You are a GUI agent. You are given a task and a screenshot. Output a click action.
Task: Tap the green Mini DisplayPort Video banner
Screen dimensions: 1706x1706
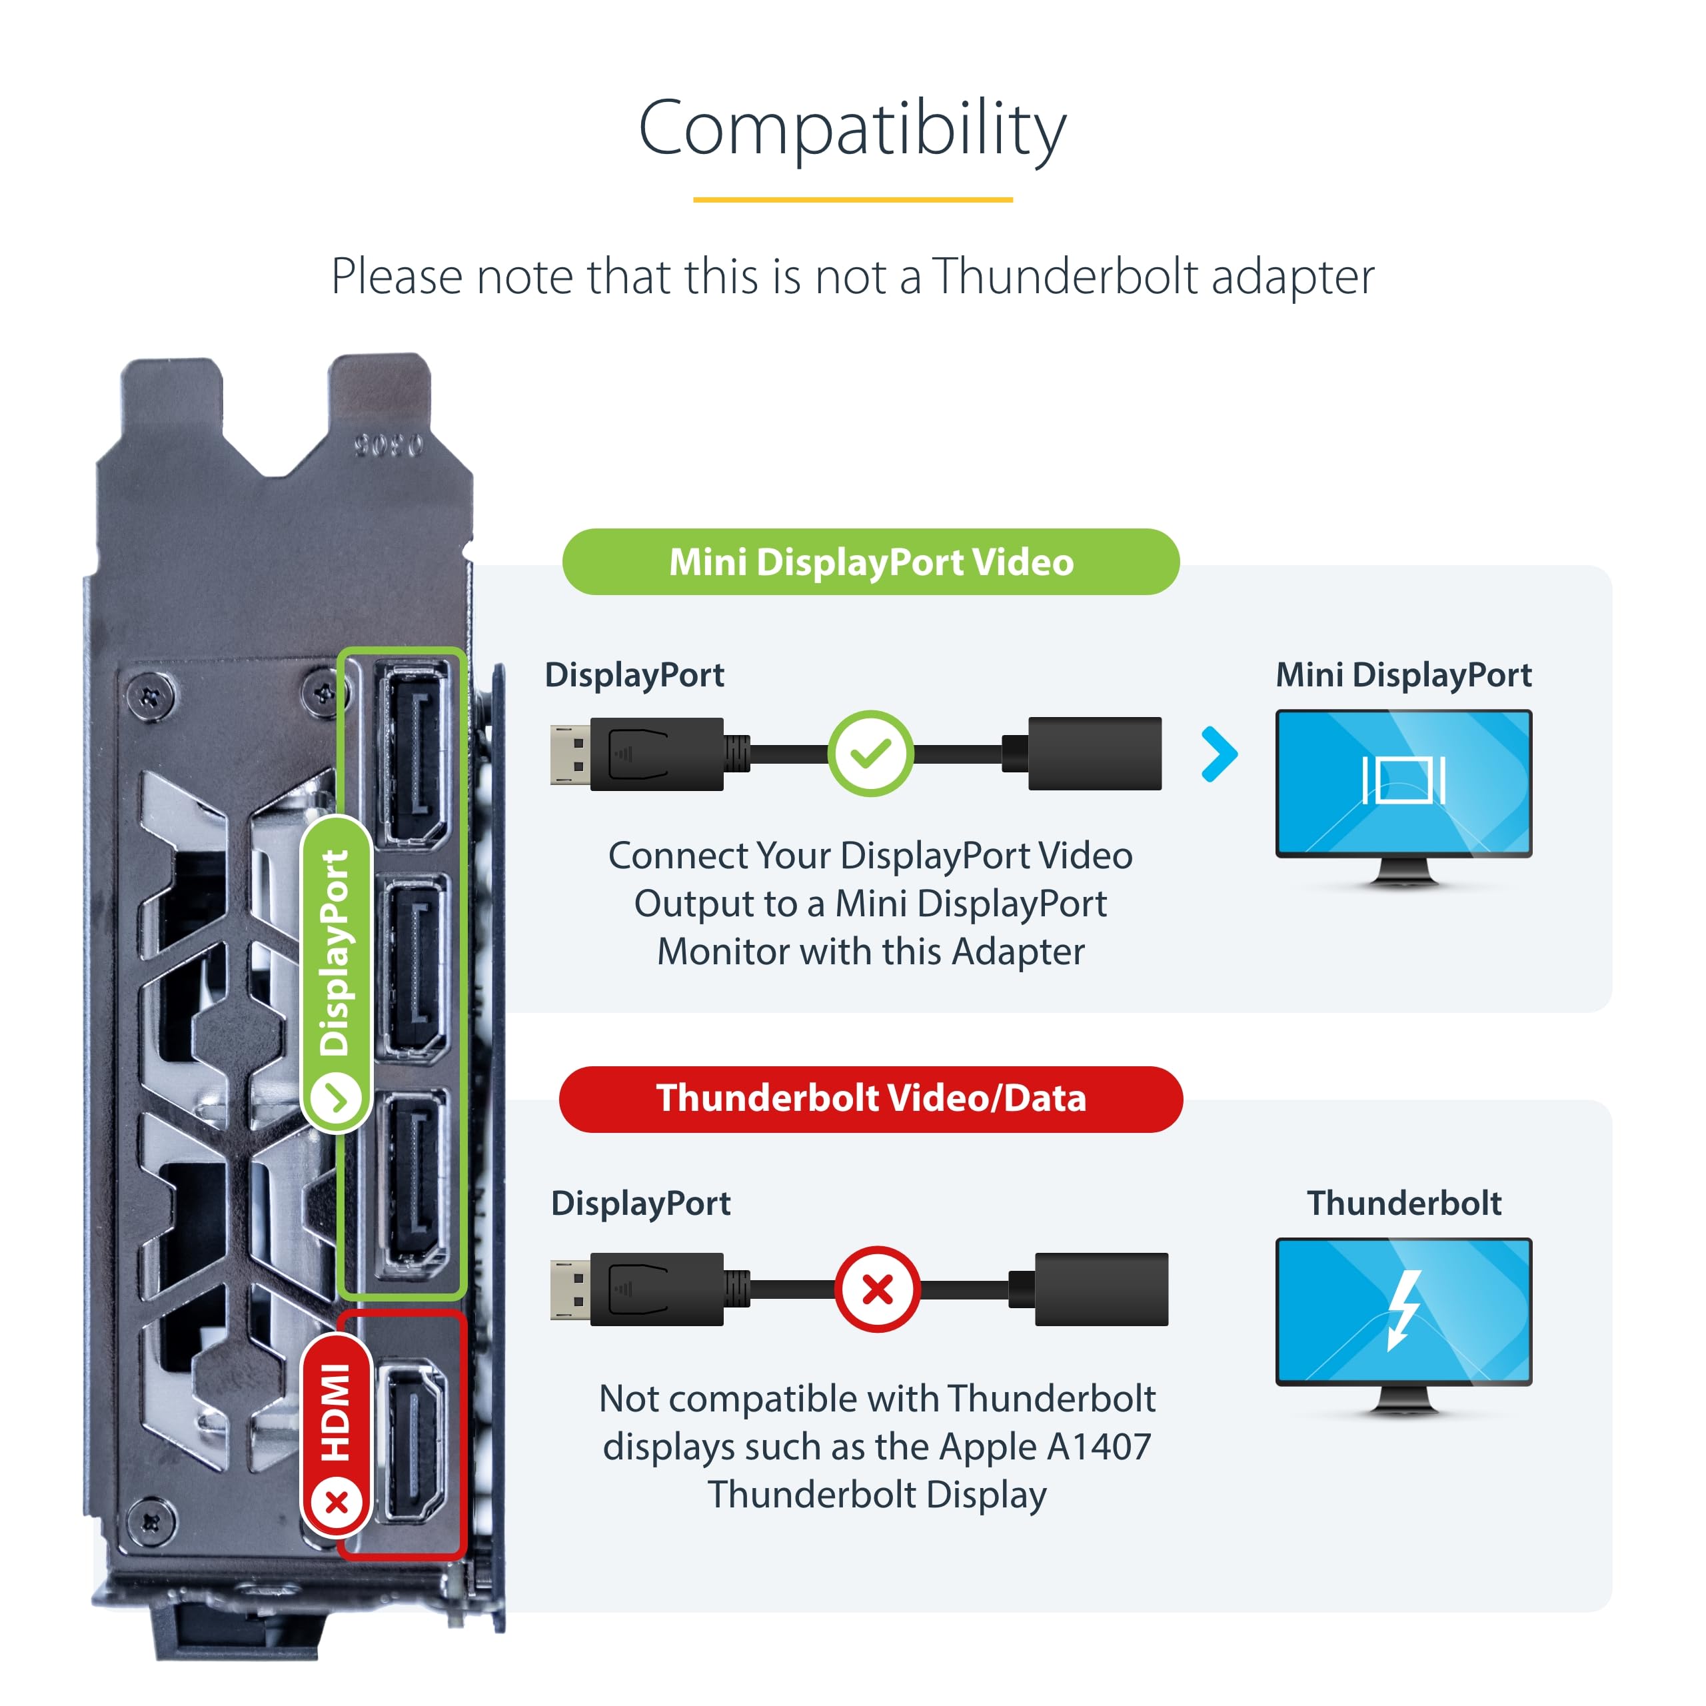871,562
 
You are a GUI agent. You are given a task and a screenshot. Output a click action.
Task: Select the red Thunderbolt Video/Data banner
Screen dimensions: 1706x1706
871,1098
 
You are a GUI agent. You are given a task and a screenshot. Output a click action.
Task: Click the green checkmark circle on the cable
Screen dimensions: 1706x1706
871,753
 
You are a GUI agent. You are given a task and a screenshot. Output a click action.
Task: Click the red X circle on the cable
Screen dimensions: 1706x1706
878,1289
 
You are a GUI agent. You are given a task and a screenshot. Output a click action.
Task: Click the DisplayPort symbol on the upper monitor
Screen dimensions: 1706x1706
1404,780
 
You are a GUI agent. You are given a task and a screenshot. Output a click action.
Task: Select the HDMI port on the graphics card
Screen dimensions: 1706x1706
411,1440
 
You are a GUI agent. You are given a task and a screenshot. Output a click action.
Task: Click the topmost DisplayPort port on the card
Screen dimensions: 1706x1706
411,754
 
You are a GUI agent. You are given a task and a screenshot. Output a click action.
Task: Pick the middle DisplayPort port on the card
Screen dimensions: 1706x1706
411,968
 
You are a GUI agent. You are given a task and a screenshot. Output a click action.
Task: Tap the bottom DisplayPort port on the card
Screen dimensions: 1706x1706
411,1184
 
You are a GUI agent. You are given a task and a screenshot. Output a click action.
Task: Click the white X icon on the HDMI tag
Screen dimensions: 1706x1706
337,1501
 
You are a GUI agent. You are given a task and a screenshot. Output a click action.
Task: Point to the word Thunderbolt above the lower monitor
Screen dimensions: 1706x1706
1404,1203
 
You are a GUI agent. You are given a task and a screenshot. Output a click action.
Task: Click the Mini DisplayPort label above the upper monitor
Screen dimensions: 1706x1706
1404,674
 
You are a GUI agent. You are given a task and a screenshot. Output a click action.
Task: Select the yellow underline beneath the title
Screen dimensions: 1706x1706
853,199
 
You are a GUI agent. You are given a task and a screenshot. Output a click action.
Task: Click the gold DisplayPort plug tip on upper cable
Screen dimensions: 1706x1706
570,754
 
